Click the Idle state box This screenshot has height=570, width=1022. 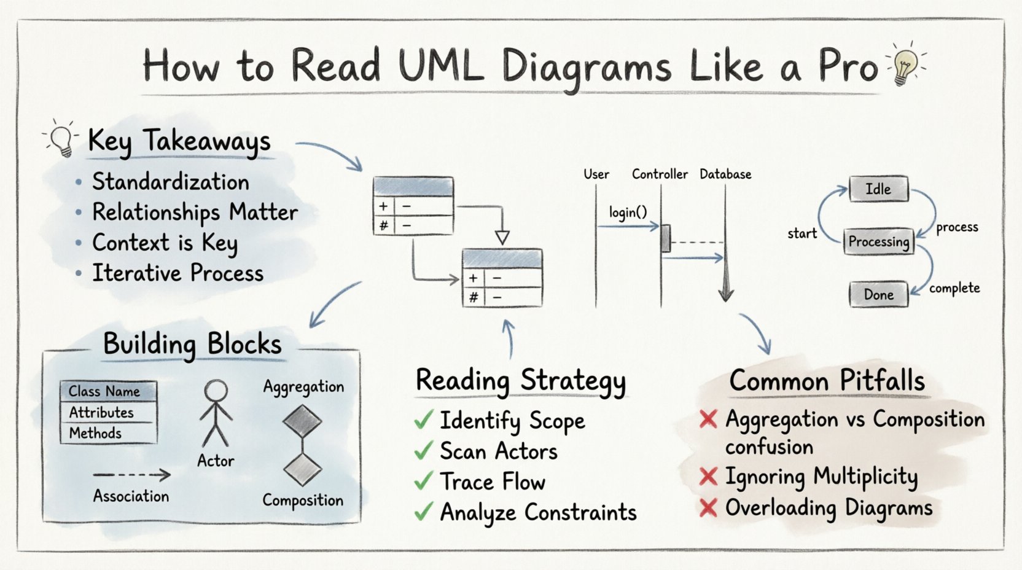(x=878, y=189)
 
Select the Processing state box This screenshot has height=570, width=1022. (x=878, y=241)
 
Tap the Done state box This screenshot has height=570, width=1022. (x=878, y=295)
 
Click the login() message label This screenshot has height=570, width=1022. (x=628, y=213)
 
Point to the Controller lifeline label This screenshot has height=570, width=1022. (x=660, y=174)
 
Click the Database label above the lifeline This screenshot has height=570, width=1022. (x=725, y=174)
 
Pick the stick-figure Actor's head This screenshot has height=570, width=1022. (x=216, y=391)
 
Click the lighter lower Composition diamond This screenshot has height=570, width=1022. (x=302, y=470)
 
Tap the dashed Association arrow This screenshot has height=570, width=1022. (x=132, y=475)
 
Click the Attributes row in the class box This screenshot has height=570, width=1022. (x=101, y=412)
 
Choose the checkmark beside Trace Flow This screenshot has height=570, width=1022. (x=424, y=482)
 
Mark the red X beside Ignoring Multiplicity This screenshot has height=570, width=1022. (x=708, y=477)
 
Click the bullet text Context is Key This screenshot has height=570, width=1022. (x=165, y=243)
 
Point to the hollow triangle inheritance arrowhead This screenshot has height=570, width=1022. (x=502, y=238)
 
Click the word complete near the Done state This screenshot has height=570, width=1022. (x=954, y=288)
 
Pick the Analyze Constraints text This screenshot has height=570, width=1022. (x=538, y=512)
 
